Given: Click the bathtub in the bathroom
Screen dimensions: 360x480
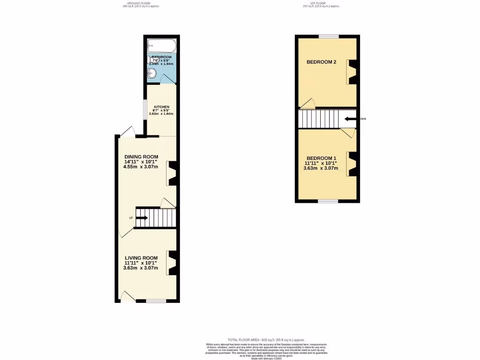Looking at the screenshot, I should tap(162, 47).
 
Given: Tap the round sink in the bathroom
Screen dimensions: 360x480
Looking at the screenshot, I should tap(152, 73).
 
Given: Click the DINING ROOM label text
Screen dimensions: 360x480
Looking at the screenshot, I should tap(141, 157).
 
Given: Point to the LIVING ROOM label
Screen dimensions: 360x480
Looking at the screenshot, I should tap(141, 258).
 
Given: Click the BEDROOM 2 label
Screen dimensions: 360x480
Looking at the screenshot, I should tap(322, 62).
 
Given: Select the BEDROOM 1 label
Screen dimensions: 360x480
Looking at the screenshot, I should tap(322, 158).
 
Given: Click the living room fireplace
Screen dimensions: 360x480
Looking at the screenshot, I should tap(172, 263).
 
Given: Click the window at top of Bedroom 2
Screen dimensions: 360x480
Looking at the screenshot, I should tap(329, 36).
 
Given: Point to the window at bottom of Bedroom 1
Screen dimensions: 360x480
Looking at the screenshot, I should tap(328, 201).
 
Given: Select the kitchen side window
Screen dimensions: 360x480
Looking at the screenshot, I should tap(145, 112).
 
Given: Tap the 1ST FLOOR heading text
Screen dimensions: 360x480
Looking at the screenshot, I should tap(321, 3).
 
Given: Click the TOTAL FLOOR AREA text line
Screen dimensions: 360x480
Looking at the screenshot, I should tap(266, 339).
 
